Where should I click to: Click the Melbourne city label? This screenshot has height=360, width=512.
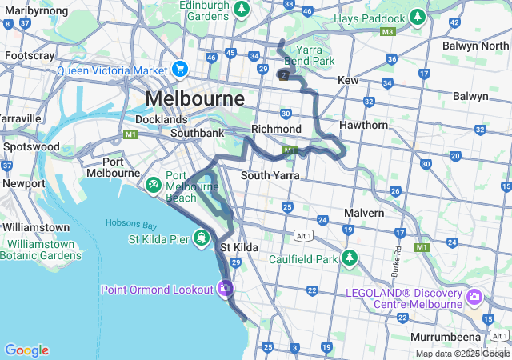pyautogui.click(x=195, y=99)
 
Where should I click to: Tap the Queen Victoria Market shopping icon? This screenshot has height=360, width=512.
pyautogui.click(x=181, y=70)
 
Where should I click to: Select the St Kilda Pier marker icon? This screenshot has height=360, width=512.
pyautogui.click(x=200, y=238)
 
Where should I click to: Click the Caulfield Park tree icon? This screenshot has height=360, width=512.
pyautogui.click(x=349, y=258)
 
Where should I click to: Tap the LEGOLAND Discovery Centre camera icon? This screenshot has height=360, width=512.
pyautogui.click(x=474, y=298)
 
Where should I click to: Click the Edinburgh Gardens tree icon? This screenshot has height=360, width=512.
pyautogui.click(x=242, y=10)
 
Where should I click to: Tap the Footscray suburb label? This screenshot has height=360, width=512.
pyautogui.click(x=30, y=55)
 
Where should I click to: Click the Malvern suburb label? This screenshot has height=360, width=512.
pyautogui.click(x=364, y=213)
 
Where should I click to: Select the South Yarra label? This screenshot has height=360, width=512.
pyautogui.click(x=270, y=175)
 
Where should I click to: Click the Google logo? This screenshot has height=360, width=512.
pyautogui.click(x=26, y=350)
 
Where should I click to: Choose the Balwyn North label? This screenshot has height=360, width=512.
pyautogui.click(x=475, y=46)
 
